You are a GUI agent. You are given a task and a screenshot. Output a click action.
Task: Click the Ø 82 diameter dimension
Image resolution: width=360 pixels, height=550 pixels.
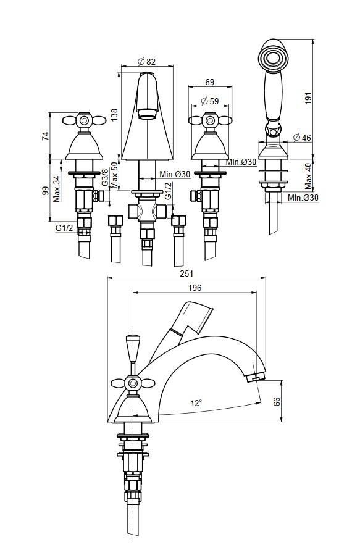tap(147, 61)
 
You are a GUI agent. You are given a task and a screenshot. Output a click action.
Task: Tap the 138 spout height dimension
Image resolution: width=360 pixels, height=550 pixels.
tap(115, 115)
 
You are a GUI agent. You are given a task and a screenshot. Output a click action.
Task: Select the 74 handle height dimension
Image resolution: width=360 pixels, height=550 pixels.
tap(45, 136)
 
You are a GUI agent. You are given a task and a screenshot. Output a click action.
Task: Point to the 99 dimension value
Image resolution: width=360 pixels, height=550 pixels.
tap(45, 191)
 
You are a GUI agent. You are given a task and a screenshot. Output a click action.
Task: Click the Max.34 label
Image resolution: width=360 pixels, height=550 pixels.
tap(57, 189)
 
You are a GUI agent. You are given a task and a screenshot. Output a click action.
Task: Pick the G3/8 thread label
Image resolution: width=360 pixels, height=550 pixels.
tap(104, 178)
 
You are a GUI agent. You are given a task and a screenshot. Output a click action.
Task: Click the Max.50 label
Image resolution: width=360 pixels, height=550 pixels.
tap(114, 174)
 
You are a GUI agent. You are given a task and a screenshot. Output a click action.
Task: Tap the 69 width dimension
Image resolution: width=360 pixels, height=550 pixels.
tap(209, 83)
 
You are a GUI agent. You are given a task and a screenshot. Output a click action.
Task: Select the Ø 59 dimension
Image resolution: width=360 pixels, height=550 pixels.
tap(210, 101)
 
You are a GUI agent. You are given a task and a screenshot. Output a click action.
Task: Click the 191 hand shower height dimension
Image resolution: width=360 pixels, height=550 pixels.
tap(308, 99)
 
